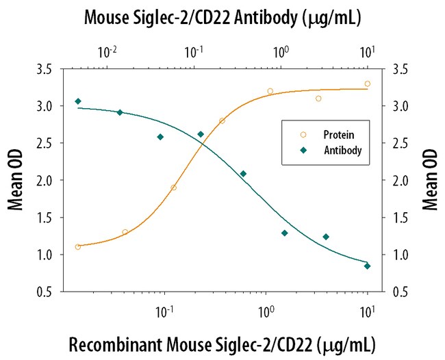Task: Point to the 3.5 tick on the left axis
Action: (46, 69)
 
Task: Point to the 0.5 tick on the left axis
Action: (46, 292)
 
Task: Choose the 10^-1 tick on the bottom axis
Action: (164, 309)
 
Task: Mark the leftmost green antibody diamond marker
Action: (78, 101)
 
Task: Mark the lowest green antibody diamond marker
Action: (368, 266)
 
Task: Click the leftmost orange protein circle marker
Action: (78, 247)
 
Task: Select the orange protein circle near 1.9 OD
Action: (174, 188)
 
